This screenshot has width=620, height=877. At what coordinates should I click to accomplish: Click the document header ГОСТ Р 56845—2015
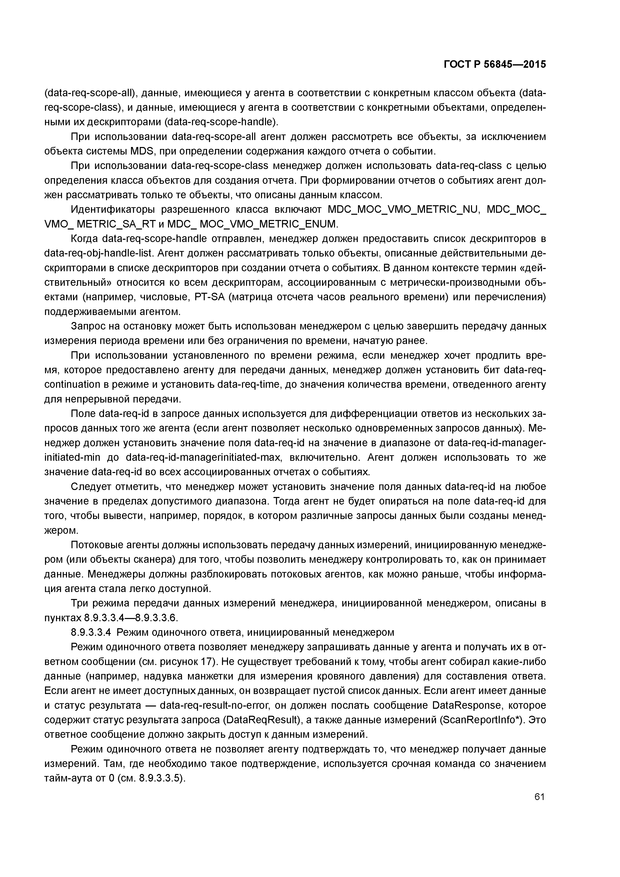495,64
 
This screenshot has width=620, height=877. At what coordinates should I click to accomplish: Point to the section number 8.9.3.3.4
91,632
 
